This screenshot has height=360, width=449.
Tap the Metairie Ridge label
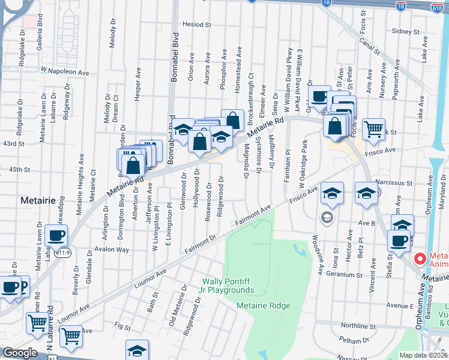pos(264,305)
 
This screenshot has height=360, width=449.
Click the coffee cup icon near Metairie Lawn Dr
pos(56,236)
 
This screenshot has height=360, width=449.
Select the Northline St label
pos(357,326)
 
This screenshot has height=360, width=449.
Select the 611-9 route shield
pos(64,251)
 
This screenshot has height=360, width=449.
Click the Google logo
pos(20,353)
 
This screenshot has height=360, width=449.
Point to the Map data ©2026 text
pos(424,355)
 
